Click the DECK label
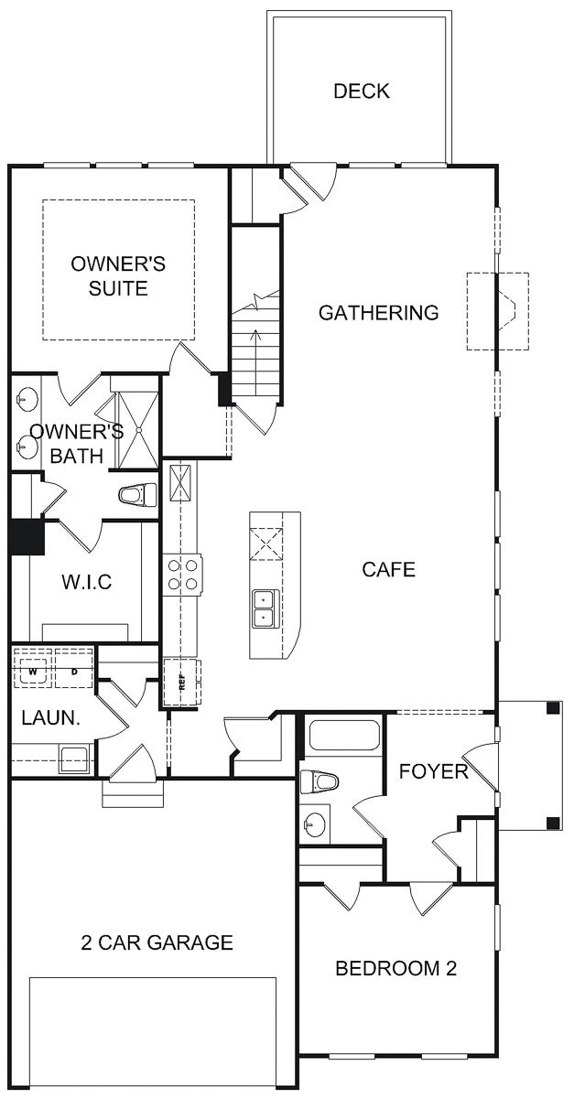click(x=361, y=91)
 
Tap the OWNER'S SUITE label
click(x=118, y=276)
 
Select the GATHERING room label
click(x=378, y=313)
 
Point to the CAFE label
click(x=388, y=569)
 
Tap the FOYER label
click(x=433, y=771)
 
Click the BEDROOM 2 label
click(x=395, y=968)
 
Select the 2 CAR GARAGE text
click(x=155, y=942)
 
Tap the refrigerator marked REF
click(x=180, y=682)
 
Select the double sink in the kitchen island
click(x=265, y=608)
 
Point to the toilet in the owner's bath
click(x=136, y=495)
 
